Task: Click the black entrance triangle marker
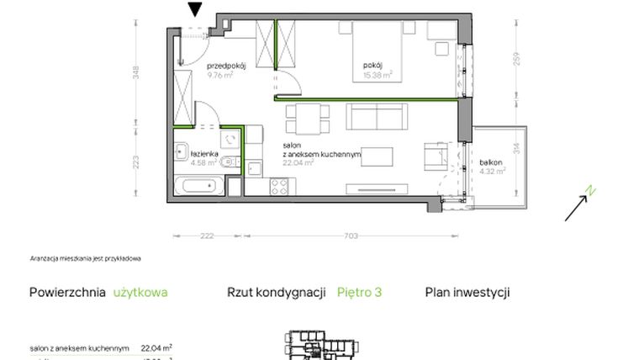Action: click(195, 9)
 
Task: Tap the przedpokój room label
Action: click(225, 66)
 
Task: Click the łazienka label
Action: click(205, 155)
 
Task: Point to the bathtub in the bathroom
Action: click(199, 183)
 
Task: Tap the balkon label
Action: click(492, 162)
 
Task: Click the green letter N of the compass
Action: click(591, 191)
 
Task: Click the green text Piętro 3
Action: click(359, 293)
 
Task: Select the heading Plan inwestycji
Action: click(467, 293)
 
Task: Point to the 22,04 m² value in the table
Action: click(156, 347)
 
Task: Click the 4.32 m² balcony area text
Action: click(493, 172)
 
